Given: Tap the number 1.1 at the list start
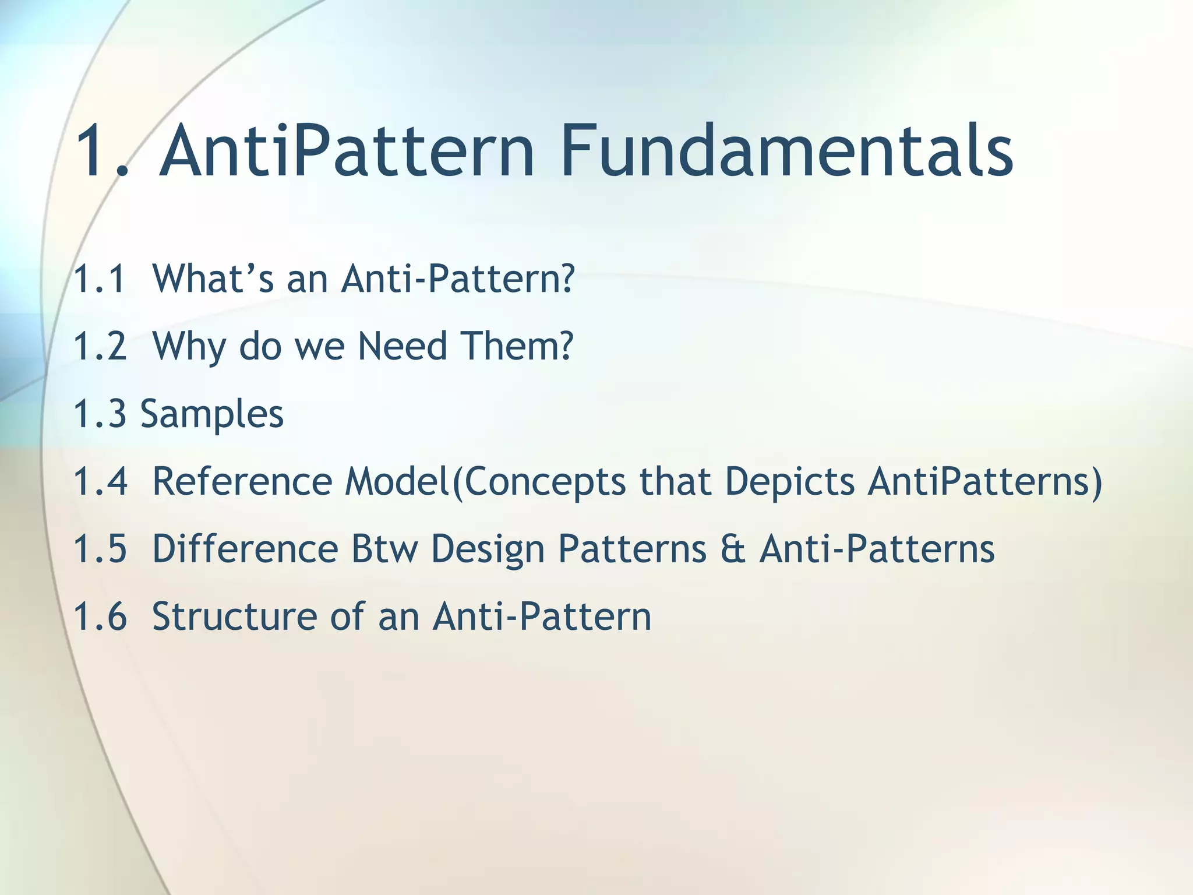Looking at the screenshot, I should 100,279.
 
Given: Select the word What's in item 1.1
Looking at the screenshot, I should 213,279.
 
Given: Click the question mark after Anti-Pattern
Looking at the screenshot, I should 563,279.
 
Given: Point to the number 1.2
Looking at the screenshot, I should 100,346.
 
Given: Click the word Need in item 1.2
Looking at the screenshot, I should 402,346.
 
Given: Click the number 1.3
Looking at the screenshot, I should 100,414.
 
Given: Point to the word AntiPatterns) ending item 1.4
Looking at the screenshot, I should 984,482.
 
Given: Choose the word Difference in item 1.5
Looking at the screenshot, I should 245,549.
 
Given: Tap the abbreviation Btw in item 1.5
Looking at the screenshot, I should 384,549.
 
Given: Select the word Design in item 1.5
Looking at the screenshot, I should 488,550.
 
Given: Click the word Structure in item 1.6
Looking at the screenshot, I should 234,616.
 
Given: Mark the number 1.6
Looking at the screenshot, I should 100,616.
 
